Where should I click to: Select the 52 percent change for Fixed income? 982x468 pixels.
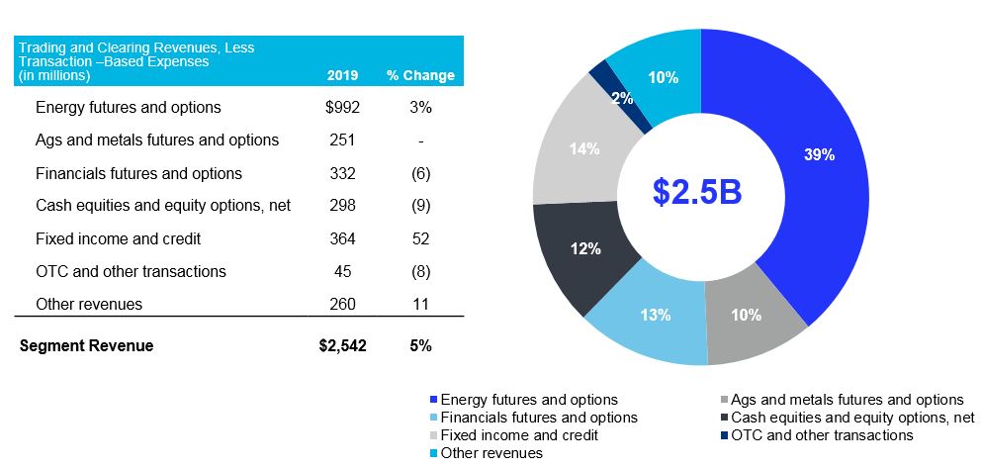tap(420, 238)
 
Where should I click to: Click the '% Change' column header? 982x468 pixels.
tap(420, 75)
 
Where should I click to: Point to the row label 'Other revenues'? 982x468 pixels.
tap(89, 304)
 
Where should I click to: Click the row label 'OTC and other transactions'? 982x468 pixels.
tap(131, 271)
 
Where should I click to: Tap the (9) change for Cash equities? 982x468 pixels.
tap(420, 206)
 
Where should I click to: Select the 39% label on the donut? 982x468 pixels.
tap(819, 155)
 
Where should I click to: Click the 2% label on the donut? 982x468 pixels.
tap(622, 98)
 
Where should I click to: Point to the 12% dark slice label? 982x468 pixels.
tap(585, 248)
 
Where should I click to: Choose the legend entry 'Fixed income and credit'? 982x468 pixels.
tap(519, 435)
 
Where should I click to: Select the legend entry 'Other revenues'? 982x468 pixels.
tap(492, 453)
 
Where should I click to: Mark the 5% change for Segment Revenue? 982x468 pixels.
tap(420, 345)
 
